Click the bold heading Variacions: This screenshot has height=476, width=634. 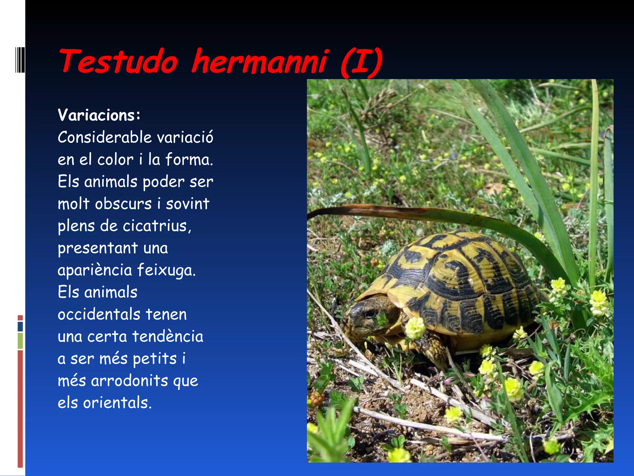[99, 115]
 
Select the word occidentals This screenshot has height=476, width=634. [99, 314]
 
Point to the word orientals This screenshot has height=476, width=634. [117, 403]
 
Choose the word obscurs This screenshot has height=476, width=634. [123, 204]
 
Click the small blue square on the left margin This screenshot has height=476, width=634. [20, 327]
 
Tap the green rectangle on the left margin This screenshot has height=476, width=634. [20, 341]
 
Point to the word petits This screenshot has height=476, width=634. [154, 359]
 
